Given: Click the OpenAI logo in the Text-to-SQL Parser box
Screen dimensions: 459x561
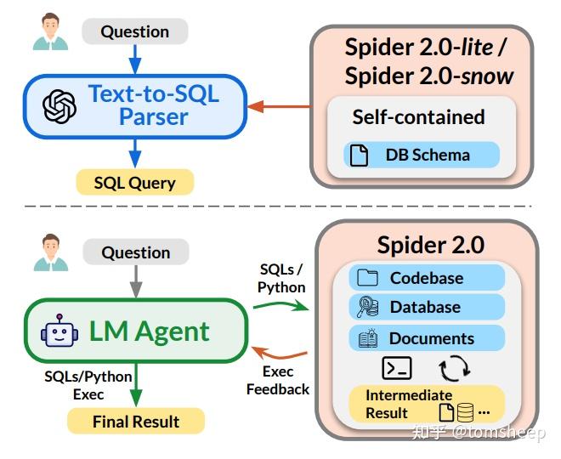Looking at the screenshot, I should (59, 106).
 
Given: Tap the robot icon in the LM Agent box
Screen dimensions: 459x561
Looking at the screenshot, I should (59, 331).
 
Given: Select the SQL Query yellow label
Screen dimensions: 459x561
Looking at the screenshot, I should (135, 182).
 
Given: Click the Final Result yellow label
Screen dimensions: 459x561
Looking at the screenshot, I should (136, 421).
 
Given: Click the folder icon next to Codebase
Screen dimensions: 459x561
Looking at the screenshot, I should (367, 278).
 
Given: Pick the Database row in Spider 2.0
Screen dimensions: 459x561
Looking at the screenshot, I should (426, 307).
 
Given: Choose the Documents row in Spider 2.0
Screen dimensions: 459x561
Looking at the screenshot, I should (426, 337).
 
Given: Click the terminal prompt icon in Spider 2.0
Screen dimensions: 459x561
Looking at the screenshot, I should (397, 367).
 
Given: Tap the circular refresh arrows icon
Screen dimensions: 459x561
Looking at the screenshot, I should (453, 367).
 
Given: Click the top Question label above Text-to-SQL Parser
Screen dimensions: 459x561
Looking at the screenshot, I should (134, 31).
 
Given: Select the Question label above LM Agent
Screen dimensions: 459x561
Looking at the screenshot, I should (135, 252).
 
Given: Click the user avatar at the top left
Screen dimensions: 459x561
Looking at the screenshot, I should (50, 31).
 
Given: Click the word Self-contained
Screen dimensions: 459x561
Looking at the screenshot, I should (418, 116).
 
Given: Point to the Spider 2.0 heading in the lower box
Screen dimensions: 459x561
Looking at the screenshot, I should (430, 245).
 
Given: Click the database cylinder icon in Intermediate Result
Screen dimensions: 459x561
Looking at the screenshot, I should (465, 412).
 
